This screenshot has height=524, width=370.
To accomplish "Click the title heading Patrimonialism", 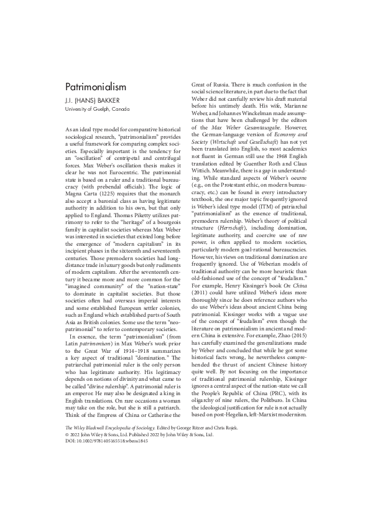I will pos(96,87).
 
